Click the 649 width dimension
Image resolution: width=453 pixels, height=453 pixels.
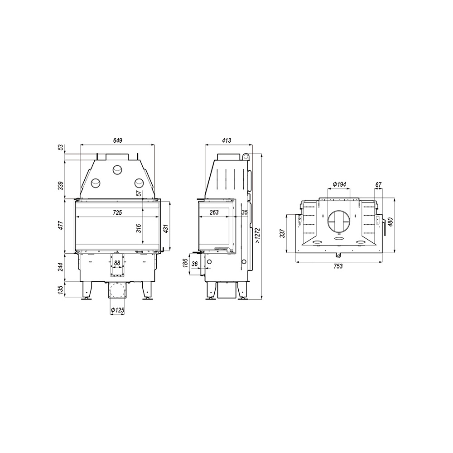tap(118, 140)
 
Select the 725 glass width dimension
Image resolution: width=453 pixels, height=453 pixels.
tap(117, 212)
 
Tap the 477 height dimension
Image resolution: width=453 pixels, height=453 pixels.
tap(60, 226)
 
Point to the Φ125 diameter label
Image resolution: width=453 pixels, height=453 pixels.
tap(117, 310)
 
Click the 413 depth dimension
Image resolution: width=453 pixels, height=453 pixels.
tap(226, 140)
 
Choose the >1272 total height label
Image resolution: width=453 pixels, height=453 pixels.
tap(258, 234)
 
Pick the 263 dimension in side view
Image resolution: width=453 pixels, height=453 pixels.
tap(214, 212)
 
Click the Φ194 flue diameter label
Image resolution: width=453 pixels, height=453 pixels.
tap(339, 184)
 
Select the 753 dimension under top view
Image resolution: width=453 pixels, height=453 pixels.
tap(338, 266)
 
